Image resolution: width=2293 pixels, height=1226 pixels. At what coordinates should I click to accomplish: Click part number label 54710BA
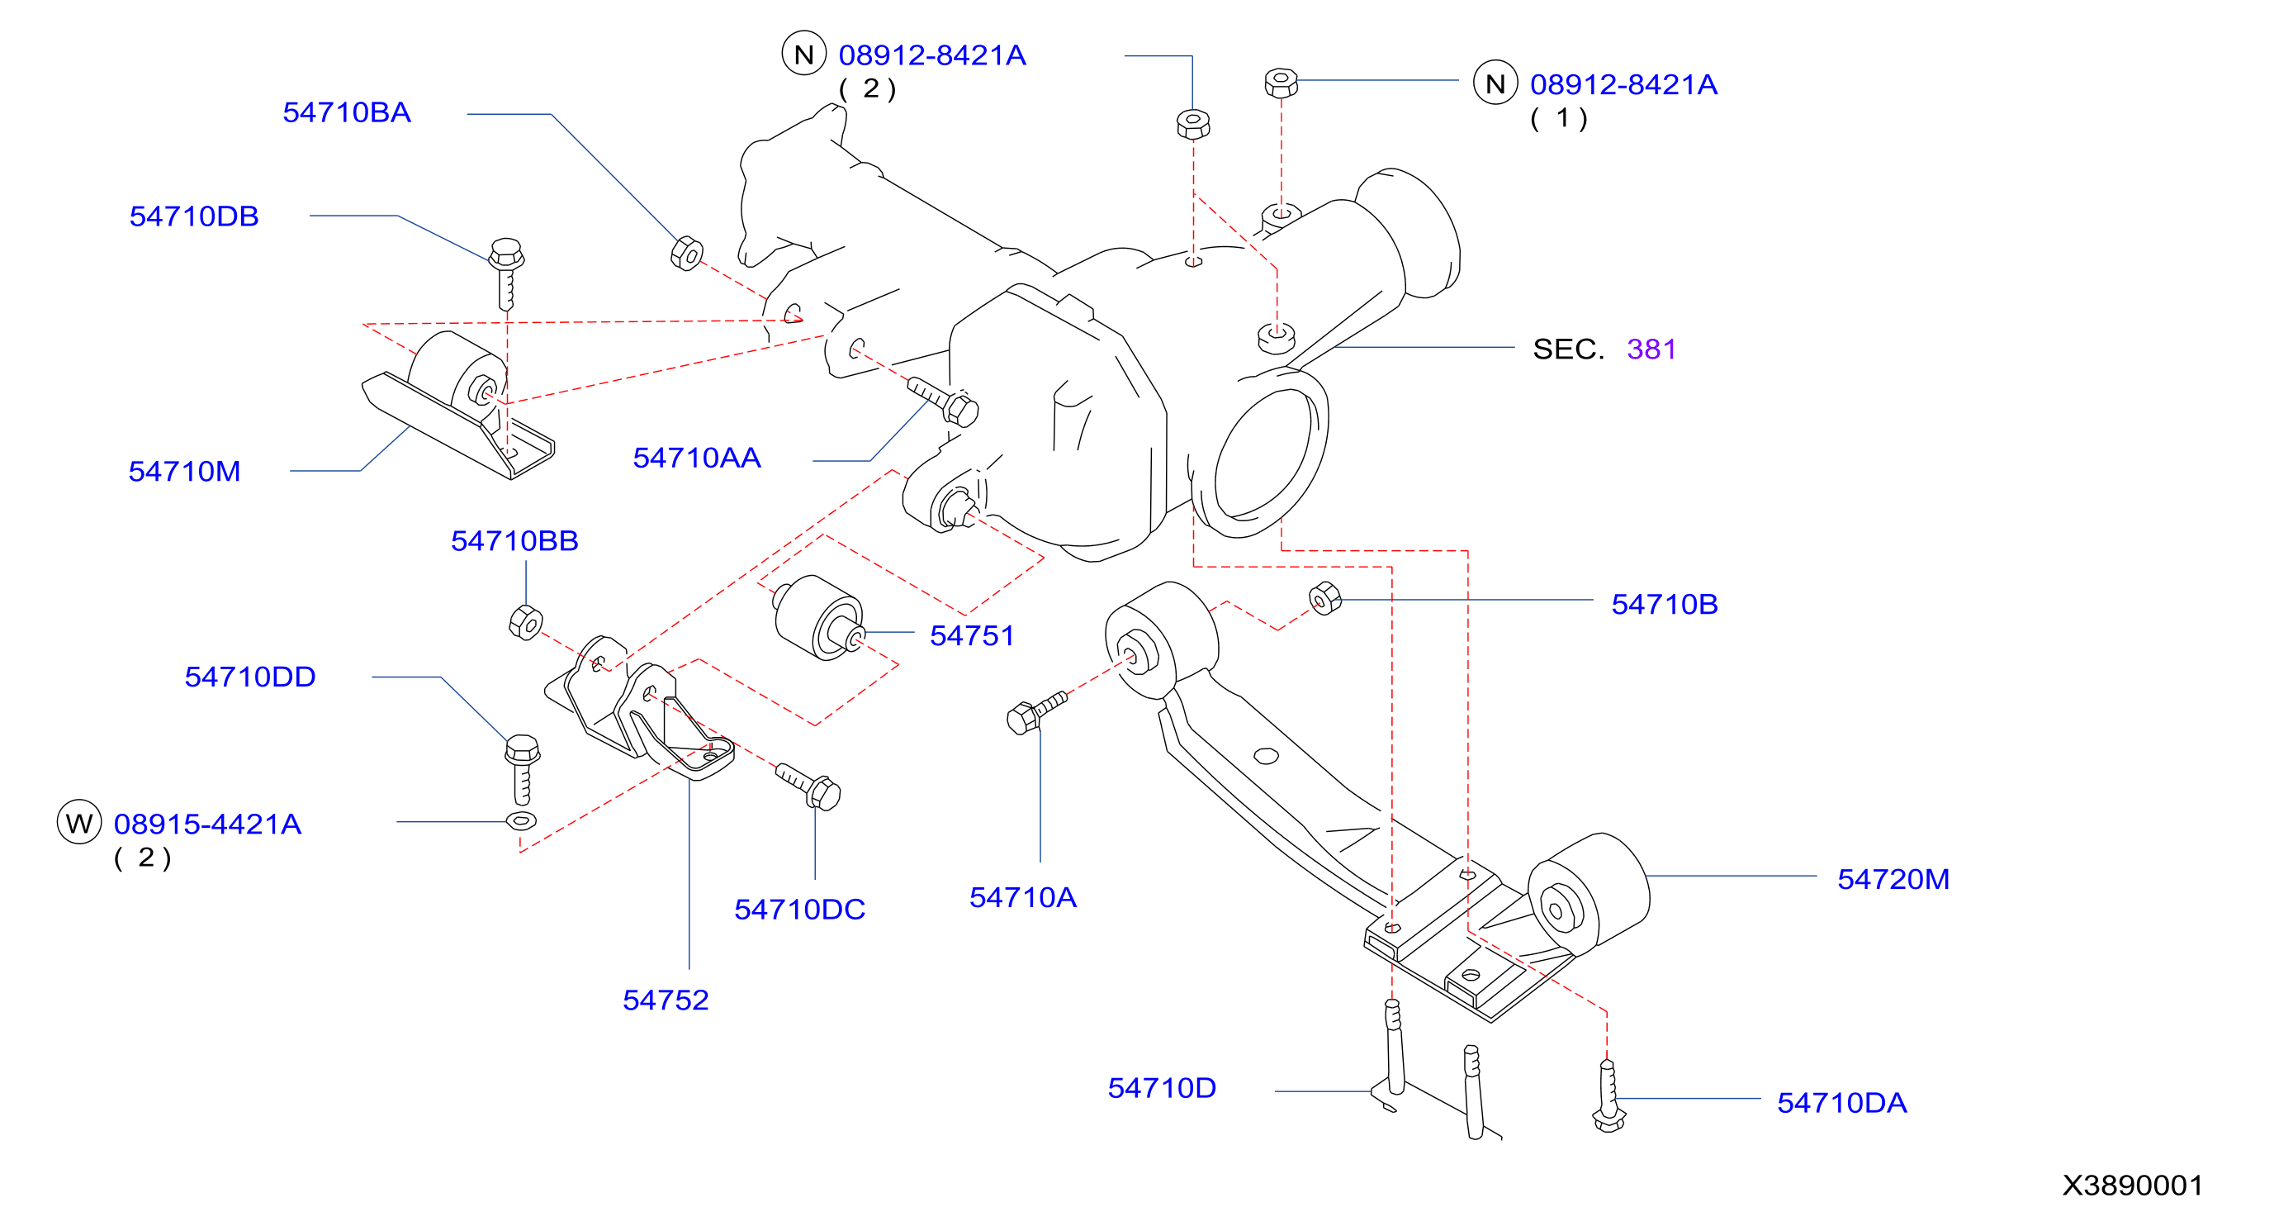click(346, 112)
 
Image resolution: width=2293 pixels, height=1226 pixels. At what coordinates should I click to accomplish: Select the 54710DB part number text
click(194, 216)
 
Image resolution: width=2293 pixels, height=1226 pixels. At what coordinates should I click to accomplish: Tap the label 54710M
click(184, 471)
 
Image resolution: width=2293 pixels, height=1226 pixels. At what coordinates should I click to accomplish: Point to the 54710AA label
click(697, 458)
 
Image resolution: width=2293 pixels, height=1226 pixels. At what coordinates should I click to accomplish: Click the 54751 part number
click(972, 635)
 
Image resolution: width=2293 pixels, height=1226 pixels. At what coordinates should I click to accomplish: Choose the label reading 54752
click(666, 1000)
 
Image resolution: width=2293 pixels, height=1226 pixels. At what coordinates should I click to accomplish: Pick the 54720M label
click(1893, 879)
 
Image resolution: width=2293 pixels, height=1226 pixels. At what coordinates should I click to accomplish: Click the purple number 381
click(1651, 349)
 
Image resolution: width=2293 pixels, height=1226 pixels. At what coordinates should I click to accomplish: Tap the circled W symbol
click(79, 822)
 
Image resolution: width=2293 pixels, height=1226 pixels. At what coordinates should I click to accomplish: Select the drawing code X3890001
click(2133, 1185)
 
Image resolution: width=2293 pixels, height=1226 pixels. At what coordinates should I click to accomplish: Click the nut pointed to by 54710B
click(1325, 598)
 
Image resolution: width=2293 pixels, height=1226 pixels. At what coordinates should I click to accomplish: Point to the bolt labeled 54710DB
click(506, 273)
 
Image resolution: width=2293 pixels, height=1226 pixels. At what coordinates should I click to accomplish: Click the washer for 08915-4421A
click(521, 820)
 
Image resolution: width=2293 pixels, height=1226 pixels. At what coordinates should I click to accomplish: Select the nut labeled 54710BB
click(525, 621)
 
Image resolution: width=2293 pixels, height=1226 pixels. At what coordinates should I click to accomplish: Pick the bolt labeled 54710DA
click(1608, 1096)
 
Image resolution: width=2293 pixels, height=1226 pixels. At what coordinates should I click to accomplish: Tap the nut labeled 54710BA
click(687, 254)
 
